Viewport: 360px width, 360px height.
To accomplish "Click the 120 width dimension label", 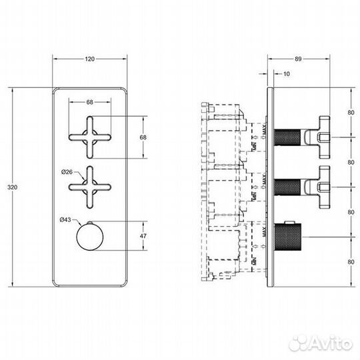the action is tap(89, 59).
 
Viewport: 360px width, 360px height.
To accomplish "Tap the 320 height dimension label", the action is tap(13, 187).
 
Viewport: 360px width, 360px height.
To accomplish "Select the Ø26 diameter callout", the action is tap(67, 172).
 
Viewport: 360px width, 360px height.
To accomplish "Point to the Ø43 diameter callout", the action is tap(65, 220).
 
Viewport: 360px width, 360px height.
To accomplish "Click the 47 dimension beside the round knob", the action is tap(143, 236).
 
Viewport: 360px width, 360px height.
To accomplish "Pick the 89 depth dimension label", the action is tap(298, 59).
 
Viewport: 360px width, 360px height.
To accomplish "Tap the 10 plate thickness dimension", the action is tap(287, 74).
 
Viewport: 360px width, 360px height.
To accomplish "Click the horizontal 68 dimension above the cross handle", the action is tap(89, 102).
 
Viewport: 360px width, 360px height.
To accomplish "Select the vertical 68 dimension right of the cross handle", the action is tap(143, 137).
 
